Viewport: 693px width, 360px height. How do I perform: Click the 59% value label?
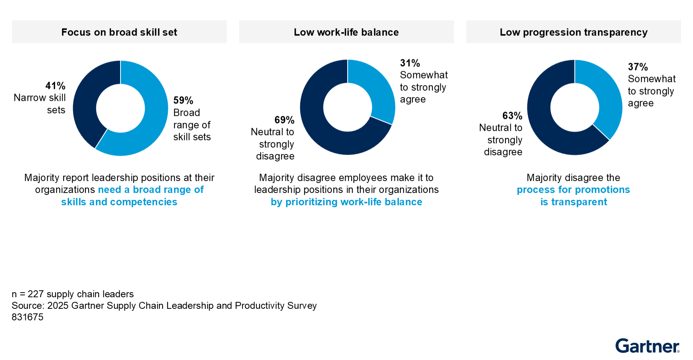(183, 100)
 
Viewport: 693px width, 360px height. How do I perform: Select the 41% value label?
(55, 86)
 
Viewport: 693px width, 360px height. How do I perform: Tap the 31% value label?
(410, 63)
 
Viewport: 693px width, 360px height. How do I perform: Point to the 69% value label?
(284, 120)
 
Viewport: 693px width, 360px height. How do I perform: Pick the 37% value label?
(638, 67)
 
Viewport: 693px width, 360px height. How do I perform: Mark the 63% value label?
(512, 116)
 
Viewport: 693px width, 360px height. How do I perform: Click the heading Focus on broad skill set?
(119, 32)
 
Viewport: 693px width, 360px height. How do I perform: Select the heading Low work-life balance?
(346, 32)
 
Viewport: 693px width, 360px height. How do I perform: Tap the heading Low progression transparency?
(573, 32)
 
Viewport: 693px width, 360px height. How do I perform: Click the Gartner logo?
(647, 346)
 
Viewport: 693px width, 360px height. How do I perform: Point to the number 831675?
(27, 317)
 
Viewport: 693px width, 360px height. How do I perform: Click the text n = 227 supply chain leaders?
(73, 294)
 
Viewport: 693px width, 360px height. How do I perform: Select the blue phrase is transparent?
(574, 202)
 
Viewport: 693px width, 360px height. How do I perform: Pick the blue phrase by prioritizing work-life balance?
(346, 202)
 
